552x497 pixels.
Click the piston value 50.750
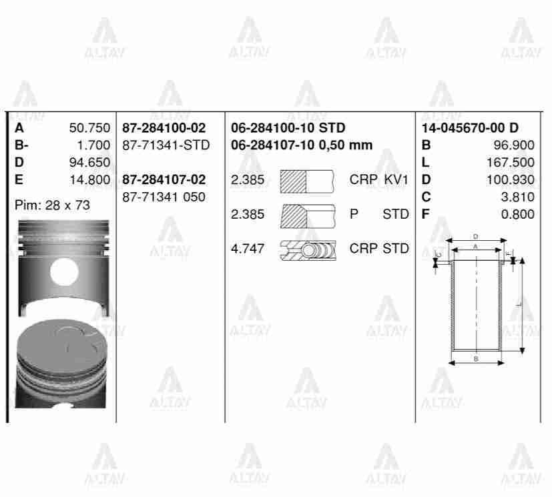pos(89,127)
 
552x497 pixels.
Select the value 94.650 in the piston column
pos(89,162)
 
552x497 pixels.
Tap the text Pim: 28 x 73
pos(52,205)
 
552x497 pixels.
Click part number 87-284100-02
pos(164,127)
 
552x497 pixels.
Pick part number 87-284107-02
pos(164,179)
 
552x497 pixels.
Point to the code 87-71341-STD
pos(166,145)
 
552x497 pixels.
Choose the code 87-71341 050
pos(164,197)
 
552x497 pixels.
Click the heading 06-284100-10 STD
pos(288,127)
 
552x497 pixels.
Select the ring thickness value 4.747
pos(248,249)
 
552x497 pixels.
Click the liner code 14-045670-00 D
pos(471,127)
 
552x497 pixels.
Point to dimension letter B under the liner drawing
pos(475,359)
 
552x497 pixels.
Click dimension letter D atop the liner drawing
pos(475,236)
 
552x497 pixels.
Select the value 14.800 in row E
pos(89,179)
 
